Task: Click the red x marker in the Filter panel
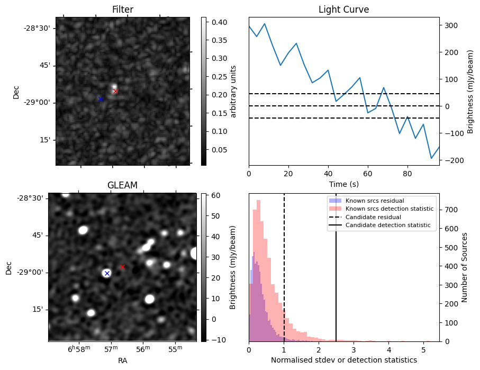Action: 115,92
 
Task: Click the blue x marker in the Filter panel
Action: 101,99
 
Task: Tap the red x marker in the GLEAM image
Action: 122,267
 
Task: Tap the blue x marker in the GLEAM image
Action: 107,273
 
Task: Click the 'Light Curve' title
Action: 343,10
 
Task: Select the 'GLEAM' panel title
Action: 122,185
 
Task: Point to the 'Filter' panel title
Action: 123,10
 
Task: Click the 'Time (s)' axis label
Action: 343,183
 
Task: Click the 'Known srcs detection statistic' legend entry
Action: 389,209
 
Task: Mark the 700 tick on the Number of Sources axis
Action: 450,210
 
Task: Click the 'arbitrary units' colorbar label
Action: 233,91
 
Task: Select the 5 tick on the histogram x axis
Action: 423,350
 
